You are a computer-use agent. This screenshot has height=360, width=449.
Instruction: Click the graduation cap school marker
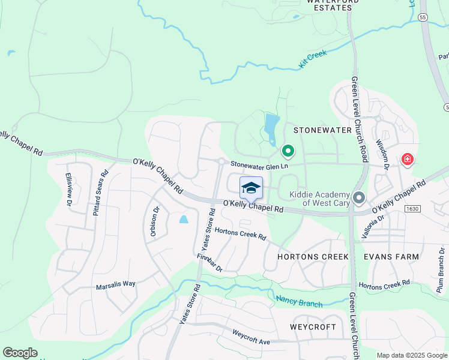tap(252, 188)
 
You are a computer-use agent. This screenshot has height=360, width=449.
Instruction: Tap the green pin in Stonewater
tap(288, 151)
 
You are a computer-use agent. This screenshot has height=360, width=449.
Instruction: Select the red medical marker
tap(408, 159)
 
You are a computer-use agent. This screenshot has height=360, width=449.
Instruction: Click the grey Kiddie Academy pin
tap(359, 197)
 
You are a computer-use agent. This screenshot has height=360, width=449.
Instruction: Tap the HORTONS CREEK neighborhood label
tap(313, 257)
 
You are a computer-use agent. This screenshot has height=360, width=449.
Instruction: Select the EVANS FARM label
tap(391, 257)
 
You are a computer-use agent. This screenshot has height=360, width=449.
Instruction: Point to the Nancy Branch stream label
tap(299, 302)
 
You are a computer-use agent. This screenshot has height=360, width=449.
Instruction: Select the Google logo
tap(20, 353)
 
